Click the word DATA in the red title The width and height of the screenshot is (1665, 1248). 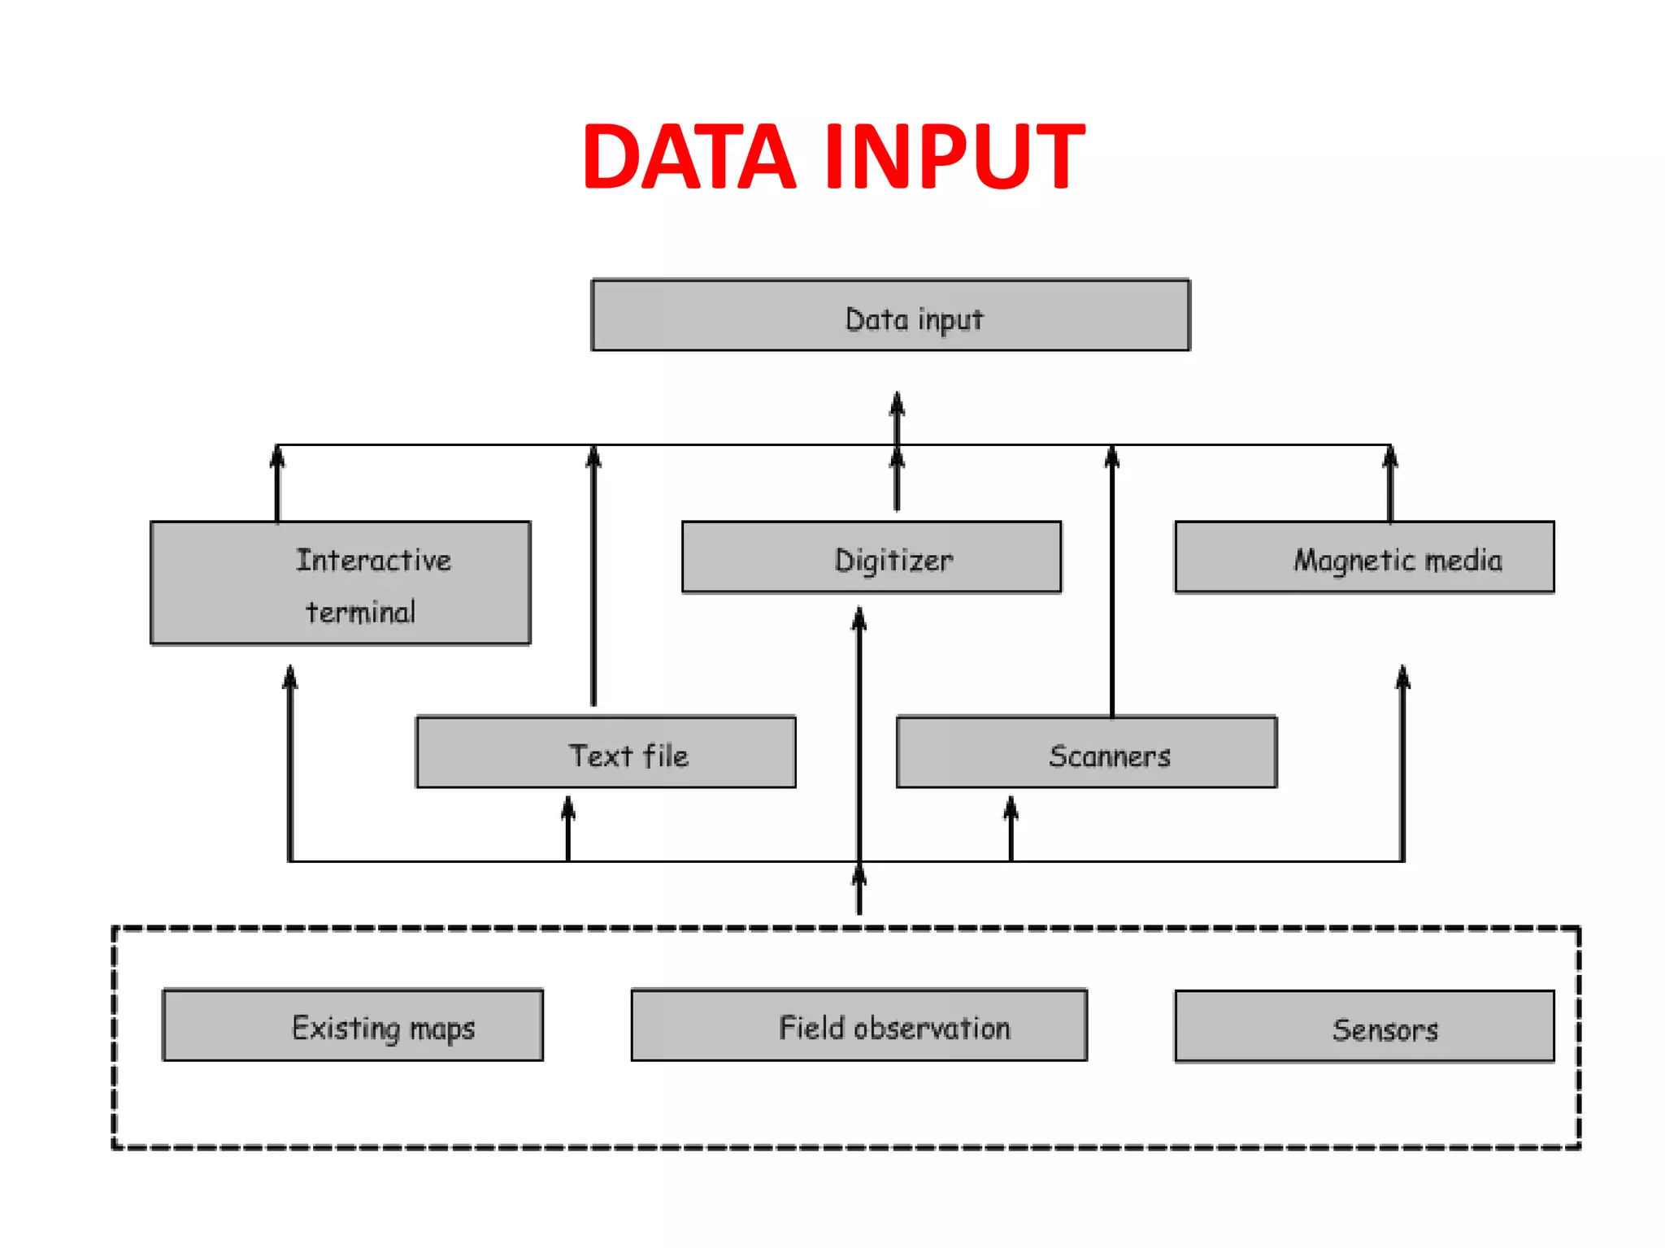[x=688, y=157]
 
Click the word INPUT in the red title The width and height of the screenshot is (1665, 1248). [x=954, y=157]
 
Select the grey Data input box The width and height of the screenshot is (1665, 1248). [x=890, y=315]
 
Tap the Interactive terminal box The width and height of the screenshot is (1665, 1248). [x=341, y=583]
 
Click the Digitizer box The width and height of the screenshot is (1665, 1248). [x=872, y=557]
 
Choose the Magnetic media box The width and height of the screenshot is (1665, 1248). [x=1364, y=557]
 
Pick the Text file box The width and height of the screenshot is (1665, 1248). [x=606, y=752]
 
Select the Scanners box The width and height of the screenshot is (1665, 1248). [x=1086, y=752]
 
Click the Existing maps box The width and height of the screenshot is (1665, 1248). [x=353, y=1025]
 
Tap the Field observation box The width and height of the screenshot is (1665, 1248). [x=859, y=1025]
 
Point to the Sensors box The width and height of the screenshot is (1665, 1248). [x=1364, y=1027]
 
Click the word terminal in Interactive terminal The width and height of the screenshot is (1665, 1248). [x=361, y=612]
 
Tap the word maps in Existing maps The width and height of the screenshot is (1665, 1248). [x=442, y=1029]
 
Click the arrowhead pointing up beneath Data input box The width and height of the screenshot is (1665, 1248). [x=897, y=403]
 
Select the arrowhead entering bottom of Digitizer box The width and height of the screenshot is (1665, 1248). [x=859, y=619]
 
